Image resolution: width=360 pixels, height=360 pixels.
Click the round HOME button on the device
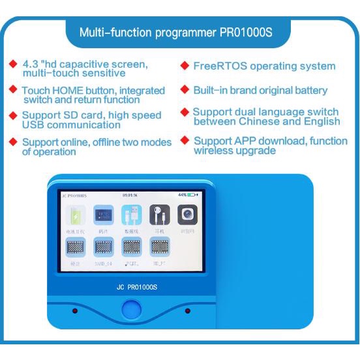point(132,309)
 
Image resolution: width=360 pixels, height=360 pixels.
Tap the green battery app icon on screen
point(75,216)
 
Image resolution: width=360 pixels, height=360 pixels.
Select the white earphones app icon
point(159,215)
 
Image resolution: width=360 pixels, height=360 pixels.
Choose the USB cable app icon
point(131,215)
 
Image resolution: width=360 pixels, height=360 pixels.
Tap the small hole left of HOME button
point(74,310)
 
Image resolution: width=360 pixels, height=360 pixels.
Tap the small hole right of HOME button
point(188,310)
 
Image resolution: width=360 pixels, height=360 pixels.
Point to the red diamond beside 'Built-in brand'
point(185,89)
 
